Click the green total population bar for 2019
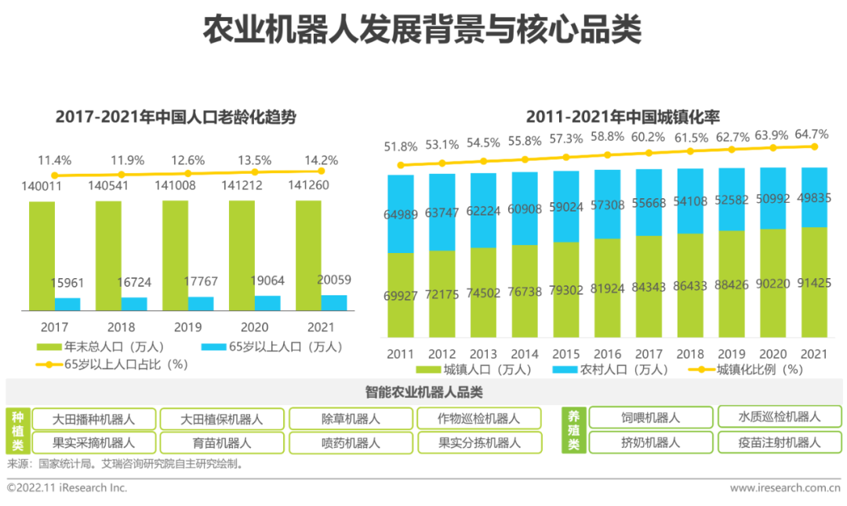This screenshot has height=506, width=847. (175, 255)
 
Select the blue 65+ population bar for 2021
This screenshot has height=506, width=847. (333, 302)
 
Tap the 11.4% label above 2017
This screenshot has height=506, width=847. (55, 161)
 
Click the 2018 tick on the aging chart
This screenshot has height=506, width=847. (122, 327)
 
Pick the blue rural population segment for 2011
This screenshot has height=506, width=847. (401, 213)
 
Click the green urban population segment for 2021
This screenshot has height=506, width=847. (814, 282)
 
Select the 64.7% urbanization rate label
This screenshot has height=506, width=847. (811, 134)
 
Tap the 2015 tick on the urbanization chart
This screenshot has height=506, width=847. (566, 354)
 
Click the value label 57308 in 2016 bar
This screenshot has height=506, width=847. (609, 204)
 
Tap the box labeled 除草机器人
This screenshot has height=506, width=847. (351, 419)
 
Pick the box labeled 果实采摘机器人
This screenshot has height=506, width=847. (93, 443)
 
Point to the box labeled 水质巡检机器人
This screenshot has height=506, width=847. (780, 417)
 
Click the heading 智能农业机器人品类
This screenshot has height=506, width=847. (423, 392)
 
